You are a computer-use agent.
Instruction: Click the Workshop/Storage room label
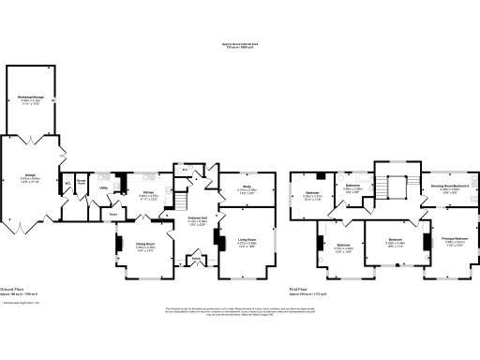30,97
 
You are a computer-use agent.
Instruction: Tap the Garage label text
31,177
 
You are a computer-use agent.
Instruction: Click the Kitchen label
148,175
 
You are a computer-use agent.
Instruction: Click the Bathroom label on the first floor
352,187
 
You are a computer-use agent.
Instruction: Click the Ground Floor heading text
13,290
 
